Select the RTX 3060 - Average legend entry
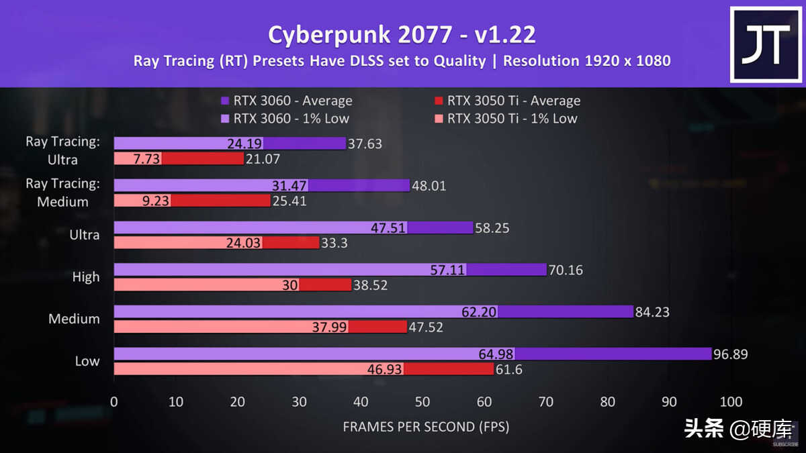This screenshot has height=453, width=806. pyautogui.click(x=287, y=101)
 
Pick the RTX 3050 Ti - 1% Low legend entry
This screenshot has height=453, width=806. pyautogui.click(x=505, y=119)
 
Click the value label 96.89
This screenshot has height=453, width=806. pyautogui.click(x=731, y=354)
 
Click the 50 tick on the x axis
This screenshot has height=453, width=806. pyautogui.click(x=422, y=402)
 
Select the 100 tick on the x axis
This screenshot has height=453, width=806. pyautogui.click(x=731, y=402)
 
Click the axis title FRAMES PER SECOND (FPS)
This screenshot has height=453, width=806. pyautogui.click(x=426, y=427)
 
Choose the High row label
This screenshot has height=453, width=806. pyautogui.click(x=85, y=276)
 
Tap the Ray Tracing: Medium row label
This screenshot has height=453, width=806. pyautogui.click(x=62, y=192)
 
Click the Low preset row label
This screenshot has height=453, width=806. pyautogui.click(x=87, y=360)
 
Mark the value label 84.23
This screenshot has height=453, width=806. pyautogui.click(x=653, y=312)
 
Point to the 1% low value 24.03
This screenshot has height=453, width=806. pyautogui.click(x=242, y=243)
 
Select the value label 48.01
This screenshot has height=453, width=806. pyautogui.click(x=429, y=186)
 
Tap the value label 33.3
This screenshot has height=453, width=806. pyautogui.click(x=334, y=243)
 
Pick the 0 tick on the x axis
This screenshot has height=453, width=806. pyautogui.click(x=114, y=402)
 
